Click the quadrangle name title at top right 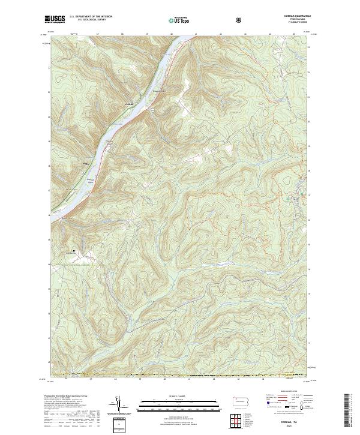(x=294, y=17)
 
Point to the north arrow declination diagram (x=118, y=405)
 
